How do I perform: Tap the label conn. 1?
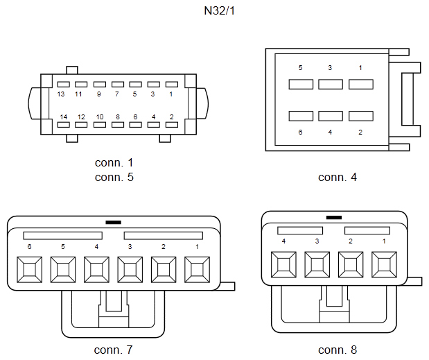[114, 163]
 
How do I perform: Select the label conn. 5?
[114, 177]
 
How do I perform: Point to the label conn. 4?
[338, 177]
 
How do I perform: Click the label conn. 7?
[114, 349]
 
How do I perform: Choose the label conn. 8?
[338, 349]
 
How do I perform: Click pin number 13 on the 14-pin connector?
[62, 94]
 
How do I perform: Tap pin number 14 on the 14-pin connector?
[63, 117]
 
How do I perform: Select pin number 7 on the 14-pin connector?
[116, 94]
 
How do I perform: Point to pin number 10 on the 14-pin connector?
[100, 117]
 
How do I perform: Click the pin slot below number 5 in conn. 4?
[301, 85]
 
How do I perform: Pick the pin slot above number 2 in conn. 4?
[361, 116]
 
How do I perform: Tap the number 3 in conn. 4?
[330, 68]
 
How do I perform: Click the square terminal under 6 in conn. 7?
[28, 268]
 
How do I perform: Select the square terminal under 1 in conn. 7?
[198, 268]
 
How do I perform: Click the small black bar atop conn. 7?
[113, 223]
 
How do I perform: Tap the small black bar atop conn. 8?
[333, 217]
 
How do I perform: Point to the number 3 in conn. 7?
[130, 246]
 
